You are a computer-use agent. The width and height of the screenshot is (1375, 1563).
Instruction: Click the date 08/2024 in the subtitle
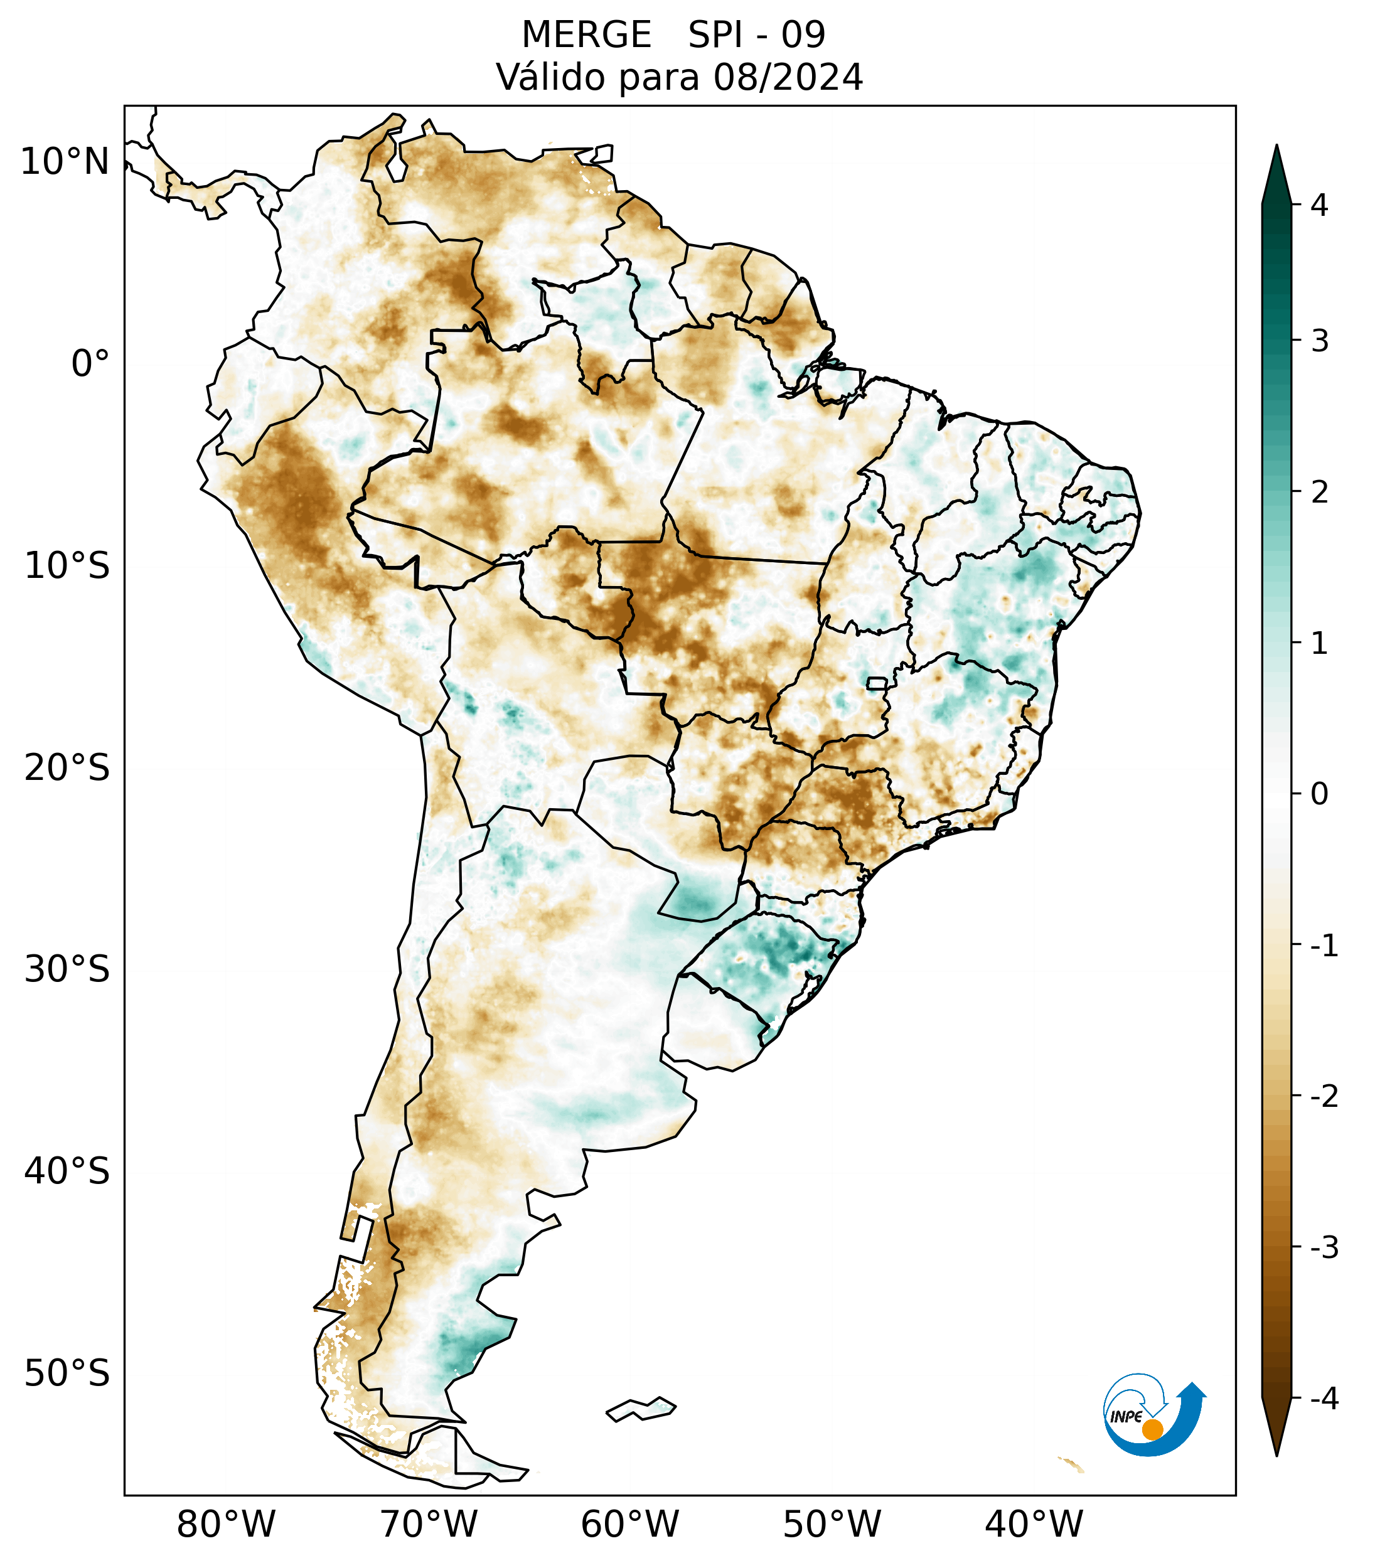(788, 77)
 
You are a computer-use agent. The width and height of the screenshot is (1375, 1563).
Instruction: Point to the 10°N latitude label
(65, 162)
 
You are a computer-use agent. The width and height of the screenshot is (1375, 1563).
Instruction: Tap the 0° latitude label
(90, 364)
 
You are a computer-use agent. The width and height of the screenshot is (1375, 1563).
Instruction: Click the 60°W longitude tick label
(629, 1524)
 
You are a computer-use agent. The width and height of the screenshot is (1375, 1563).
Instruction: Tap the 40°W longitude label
(1034, 1524)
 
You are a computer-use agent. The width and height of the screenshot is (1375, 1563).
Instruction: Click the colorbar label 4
(1319, 205)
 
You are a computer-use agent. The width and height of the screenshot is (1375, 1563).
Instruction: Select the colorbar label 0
(1319, 794)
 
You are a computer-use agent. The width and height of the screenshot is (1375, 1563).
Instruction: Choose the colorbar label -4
(1324, 1399)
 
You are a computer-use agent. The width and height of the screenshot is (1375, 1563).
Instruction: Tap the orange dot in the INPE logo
(1152, 1429)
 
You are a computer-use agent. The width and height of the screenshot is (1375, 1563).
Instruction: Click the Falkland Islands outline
(641, 1409)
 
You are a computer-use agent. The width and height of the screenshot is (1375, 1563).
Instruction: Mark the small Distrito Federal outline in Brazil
(877, 683)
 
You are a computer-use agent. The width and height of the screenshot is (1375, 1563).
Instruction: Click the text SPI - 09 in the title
(756, 35)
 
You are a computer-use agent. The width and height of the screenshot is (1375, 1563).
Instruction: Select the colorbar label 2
(1319, 493)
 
